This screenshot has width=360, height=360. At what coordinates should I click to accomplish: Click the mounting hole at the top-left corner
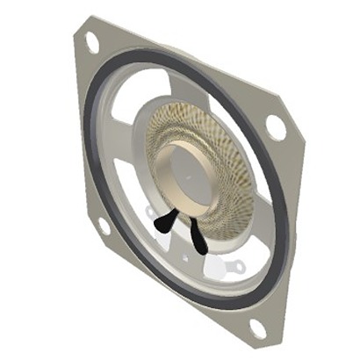(x=91, y=40)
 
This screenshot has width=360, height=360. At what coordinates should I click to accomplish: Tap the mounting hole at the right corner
(x=276, y=126)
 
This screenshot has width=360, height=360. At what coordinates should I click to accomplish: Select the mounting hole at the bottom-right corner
(x=257, y=328)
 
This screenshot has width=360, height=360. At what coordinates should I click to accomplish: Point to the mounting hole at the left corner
(x=104, y=227)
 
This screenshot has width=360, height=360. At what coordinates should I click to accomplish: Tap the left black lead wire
(x=163, y=224)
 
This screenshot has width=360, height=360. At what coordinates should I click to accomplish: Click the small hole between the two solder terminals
(x=185, y=257)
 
